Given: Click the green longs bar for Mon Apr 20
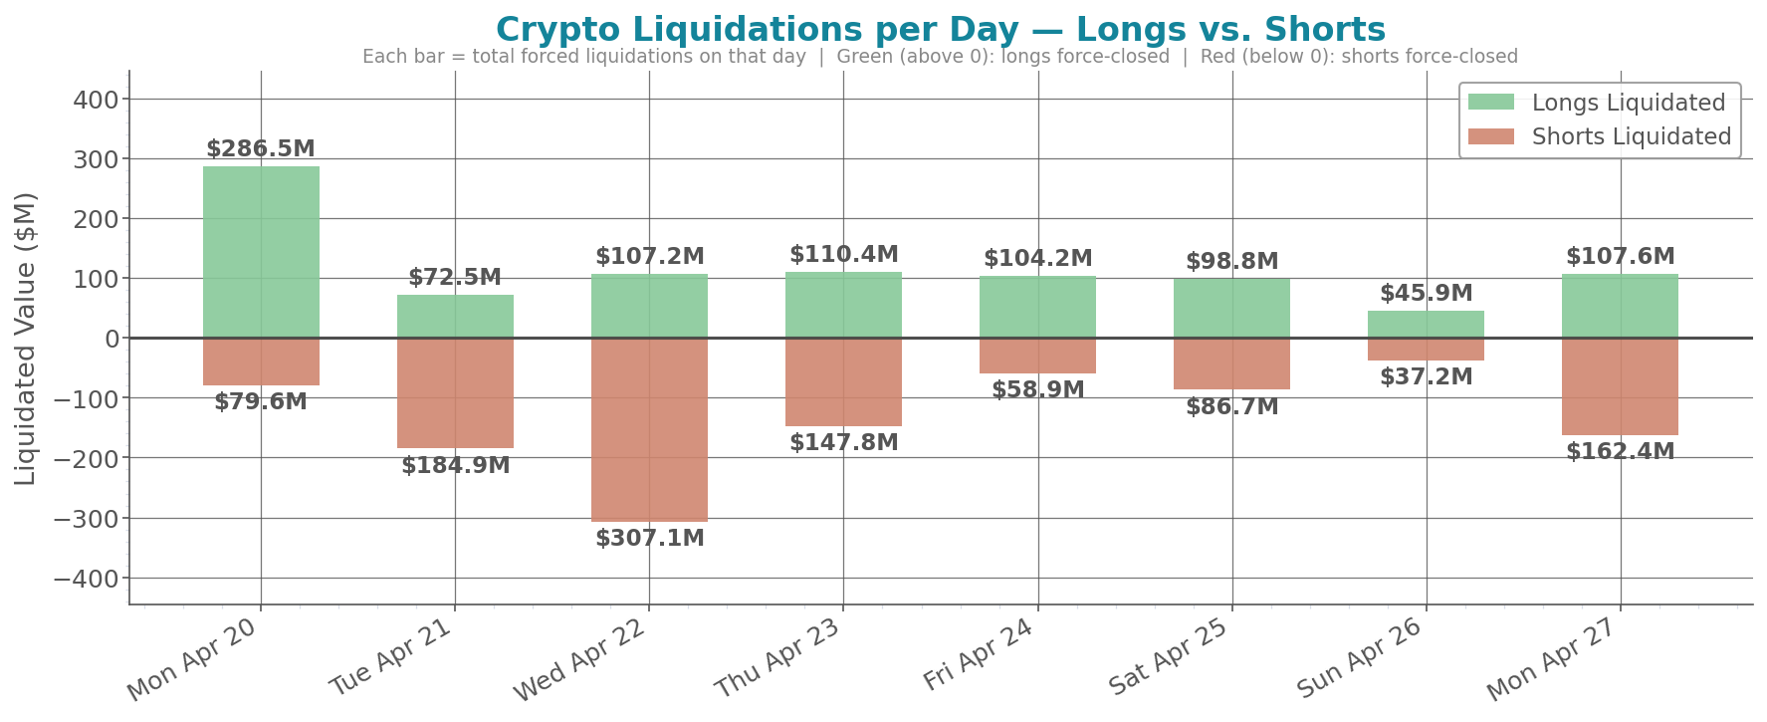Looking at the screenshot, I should click(x=261, y=252).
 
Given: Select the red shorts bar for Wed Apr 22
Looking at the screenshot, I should click(x=649, y=429).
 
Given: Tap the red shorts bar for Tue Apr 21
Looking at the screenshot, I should click(x=455, y=393).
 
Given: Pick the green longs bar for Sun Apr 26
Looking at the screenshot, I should click(x=1426, y=325).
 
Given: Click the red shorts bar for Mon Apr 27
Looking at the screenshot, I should click(x=1620, y=386).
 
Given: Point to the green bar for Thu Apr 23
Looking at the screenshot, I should click(x=843, y=305).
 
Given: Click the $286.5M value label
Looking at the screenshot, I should click(x=261, y=149).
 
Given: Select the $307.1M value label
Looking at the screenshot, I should click(x=650, y=539).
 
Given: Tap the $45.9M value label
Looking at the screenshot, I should click(x=1426, y=294).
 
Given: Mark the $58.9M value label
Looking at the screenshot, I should click(x=1037, y=389).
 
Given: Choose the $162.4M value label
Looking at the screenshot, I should click(x=1620, y=451).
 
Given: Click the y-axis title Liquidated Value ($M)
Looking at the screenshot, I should click(x=26, y=339).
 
